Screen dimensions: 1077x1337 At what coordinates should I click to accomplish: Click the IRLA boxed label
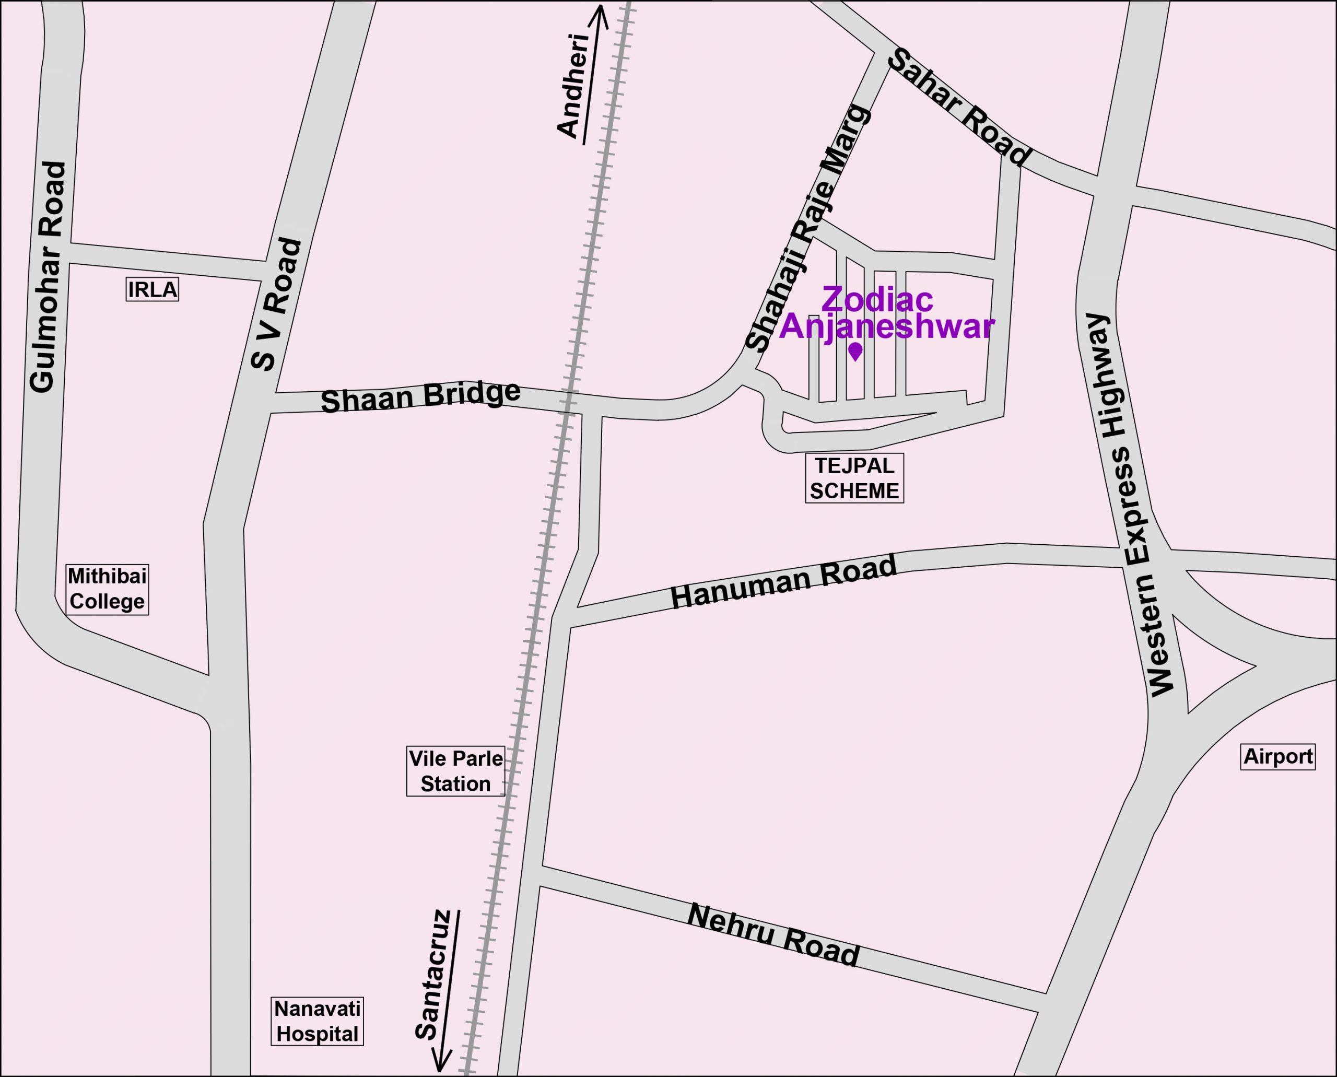152,290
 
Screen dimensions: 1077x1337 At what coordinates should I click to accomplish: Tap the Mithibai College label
108,589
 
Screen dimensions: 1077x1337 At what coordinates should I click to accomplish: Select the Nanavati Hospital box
317,1021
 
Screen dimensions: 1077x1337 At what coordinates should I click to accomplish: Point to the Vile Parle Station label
455,771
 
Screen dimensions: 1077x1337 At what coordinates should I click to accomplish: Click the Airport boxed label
1278,756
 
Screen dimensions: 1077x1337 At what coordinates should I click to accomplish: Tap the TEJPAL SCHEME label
854,478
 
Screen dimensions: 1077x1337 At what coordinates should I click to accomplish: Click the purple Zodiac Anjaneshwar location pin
855,351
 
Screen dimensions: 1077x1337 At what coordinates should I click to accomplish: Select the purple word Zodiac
877,300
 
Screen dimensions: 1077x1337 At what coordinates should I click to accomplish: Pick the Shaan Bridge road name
420,396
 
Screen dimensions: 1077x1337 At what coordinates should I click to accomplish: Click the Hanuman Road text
783,582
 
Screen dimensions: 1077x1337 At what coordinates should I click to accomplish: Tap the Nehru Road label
773,935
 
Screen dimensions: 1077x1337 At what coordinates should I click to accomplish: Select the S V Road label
277,304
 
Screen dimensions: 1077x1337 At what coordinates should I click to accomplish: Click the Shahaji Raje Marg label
806,228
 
